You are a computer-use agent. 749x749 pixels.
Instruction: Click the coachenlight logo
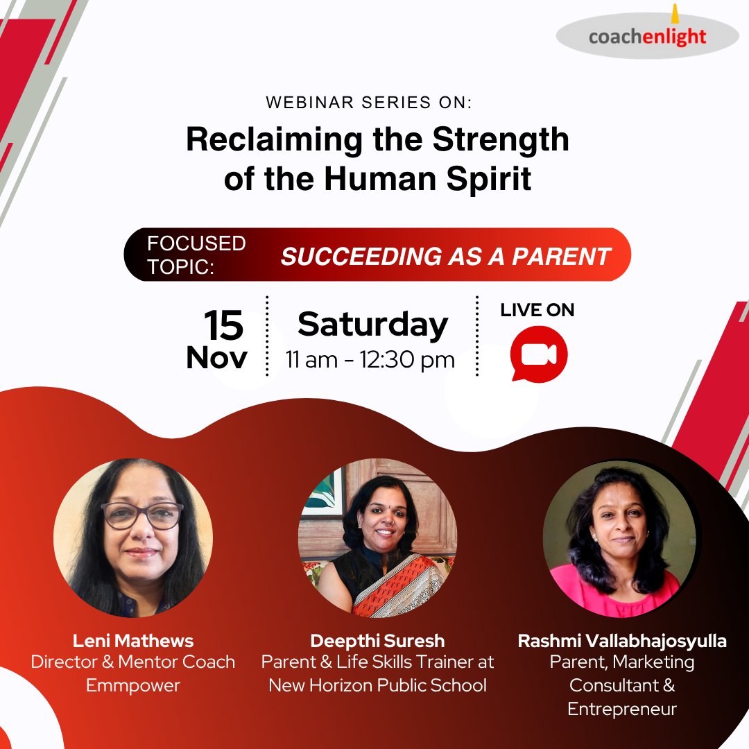pos(647,35)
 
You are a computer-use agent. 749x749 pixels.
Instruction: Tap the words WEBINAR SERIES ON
pos(368,103)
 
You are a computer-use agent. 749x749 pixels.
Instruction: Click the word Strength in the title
pos(501,140)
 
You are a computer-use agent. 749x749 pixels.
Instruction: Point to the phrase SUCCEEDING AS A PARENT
pos(445,256)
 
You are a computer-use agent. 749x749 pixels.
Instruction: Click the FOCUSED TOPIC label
pos(196,255)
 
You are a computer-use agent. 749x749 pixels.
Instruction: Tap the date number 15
pos(223,325)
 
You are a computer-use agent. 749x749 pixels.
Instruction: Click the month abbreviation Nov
pos(216,357)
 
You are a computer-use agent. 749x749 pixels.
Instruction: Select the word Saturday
pos(373,325)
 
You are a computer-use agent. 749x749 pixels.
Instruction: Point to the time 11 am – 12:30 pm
pos(370,360)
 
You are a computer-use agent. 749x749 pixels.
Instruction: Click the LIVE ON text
pos(537,311)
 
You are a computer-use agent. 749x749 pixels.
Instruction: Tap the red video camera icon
pos(539,354)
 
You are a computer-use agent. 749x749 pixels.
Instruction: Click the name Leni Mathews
pos(133,640)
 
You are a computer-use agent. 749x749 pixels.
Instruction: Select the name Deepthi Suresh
pos(377,640)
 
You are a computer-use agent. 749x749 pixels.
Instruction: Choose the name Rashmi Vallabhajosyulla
pos(622,641)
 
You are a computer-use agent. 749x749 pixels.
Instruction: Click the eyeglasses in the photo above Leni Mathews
pos(142,515)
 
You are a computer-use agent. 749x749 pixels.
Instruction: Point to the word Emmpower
pos(133,685)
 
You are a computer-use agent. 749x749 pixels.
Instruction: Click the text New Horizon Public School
pos(377,685)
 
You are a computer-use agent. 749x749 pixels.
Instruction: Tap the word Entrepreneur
pos(622,709)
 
